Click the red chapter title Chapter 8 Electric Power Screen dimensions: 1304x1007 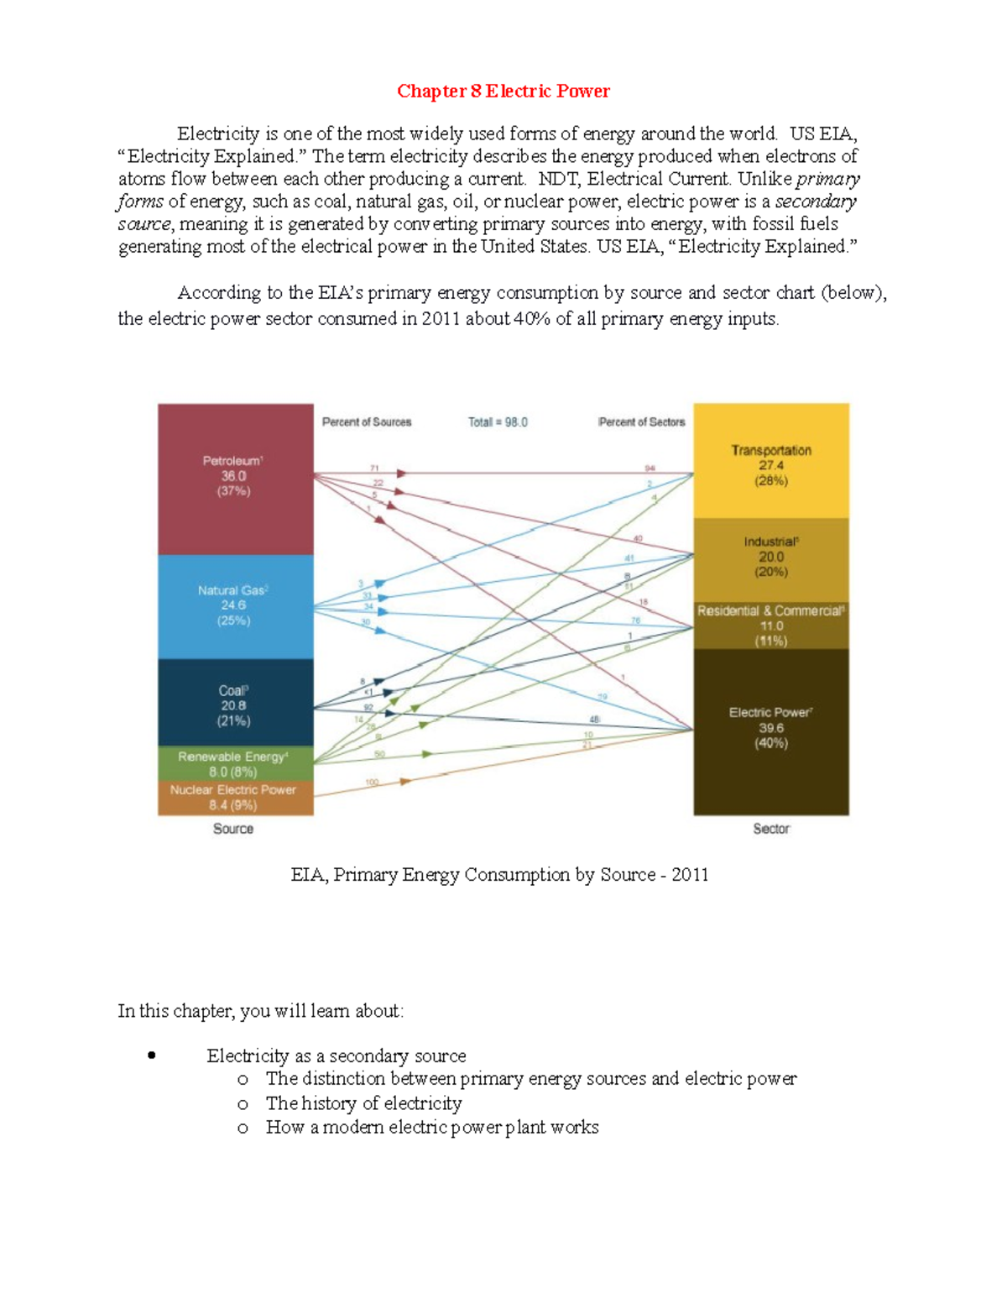tap(503, 92)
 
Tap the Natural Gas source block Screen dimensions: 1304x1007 tap(235, 606)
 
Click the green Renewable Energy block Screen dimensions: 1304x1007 tap(235, 763)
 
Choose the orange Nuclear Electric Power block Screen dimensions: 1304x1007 tap(235, 798)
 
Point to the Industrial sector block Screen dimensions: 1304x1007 tap(770, 558)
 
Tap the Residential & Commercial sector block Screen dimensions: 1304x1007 tap(770, 626)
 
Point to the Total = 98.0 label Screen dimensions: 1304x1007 tap(498, 422)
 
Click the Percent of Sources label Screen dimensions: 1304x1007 tap(367, 422)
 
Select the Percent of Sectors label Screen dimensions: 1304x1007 tap(641, 422)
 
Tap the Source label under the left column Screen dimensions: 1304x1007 tap(233, 829)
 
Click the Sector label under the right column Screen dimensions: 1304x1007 tap(770, 829)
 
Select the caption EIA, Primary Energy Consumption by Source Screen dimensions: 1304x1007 tap(499, 875)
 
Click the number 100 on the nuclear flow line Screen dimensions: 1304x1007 tap(372, 782)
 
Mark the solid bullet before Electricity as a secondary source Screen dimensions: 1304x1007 tap(151, 1055)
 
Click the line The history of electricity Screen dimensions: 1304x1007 tap(363, 1103)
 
